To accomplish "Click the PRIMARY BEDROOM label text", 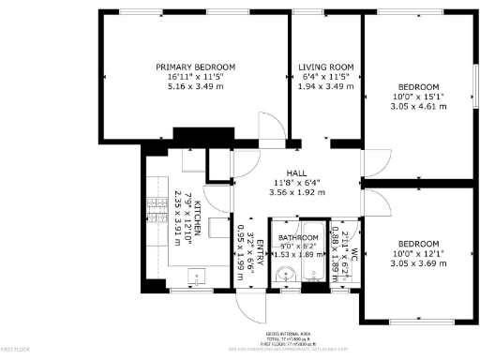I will click(195, 67).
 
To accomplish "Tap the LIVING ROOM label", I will click(325, 67).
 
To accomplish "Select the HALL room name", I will click(296, 172).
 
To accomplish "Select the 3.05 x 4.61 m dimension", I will click(417, 106).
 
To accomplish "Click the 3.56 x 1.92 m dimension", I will click(296, 192).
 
